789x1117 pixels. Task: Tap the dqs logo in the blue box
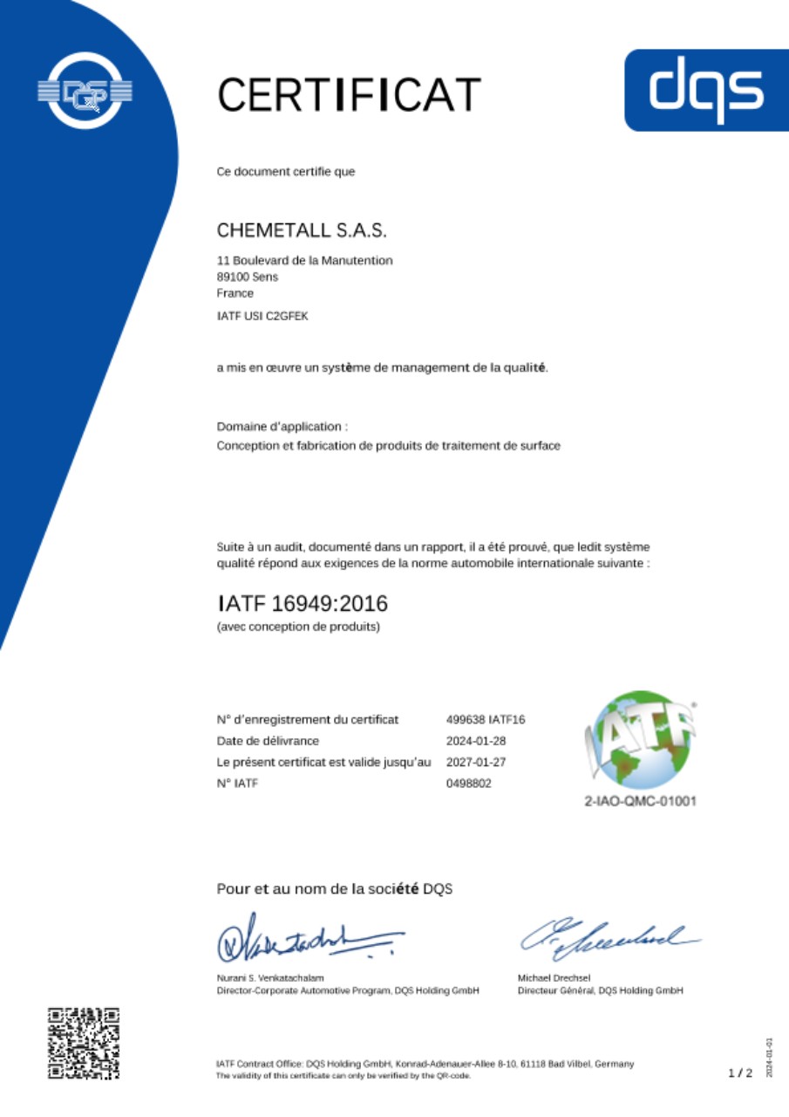(x=707, y=90)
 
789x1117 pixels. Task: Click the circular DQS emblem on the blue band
(x=85, y=90)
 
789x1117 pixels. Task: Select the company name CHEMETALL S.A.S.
(x=301, y=231)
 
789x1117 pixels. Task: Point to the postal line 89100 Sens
(x=248, y=277)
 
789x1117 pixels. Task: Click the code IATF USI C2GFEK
(x=262, y=316)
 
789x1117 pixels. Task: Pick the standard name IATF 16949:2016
(x=302, y=603)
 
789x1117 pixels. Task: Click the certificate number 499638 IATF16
(x=486, y=719)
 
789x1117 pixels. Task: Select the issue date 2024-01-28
(x=476, y=741)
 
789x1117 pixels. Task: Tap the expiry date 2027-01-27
(x=476, y=762)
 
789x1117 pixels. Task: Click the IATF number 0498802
(x=469, y=784)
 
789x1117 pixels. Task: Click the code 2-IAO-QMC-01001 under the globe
(x=641, y=801)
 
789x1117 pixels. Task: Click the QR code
(x=84, y=1044)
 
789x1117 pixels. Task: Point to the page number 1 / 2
(x=740, y=1073)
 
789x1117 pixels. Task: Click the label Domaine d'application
(x=282, y=427)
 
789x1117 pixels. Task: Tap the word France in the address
(x=235, y=293)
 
